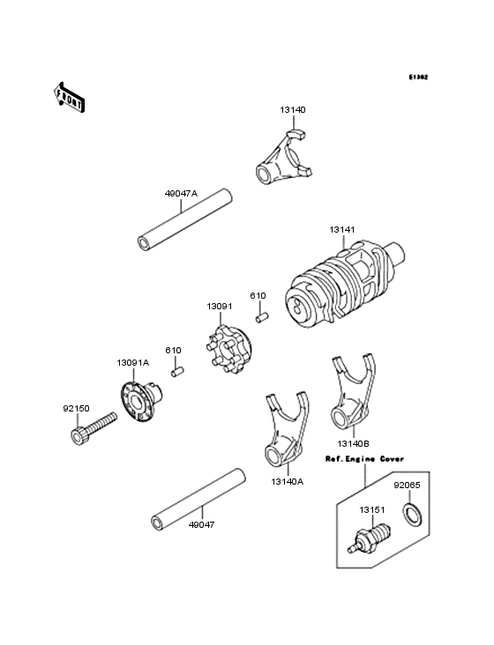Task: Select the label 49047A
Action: [181, 192]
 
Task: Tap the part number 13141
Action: [342, 229]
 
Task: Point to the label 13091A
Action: [132, 362]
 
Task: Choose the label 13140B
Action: [353, 445]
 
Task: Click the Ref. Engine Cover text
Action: [364, 459]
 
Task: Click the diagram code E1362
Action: [417, 78]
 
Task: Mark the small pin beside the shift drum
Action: [261, 316]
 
